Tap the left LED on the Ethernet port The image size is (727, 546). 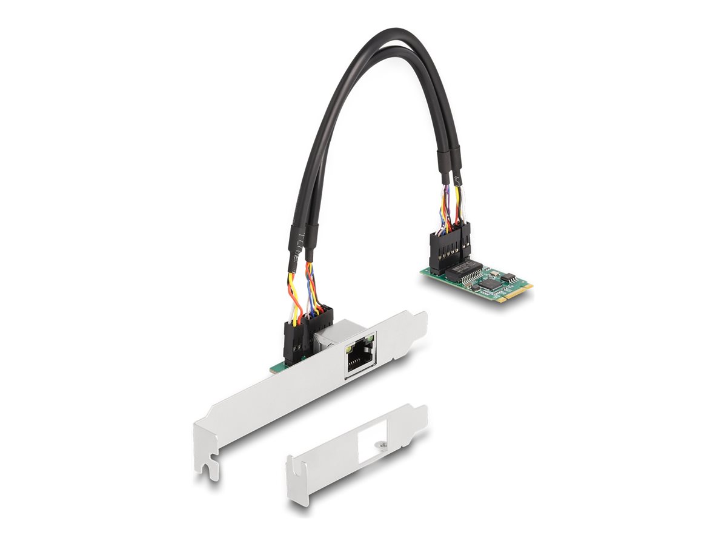tap(350, 349)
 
